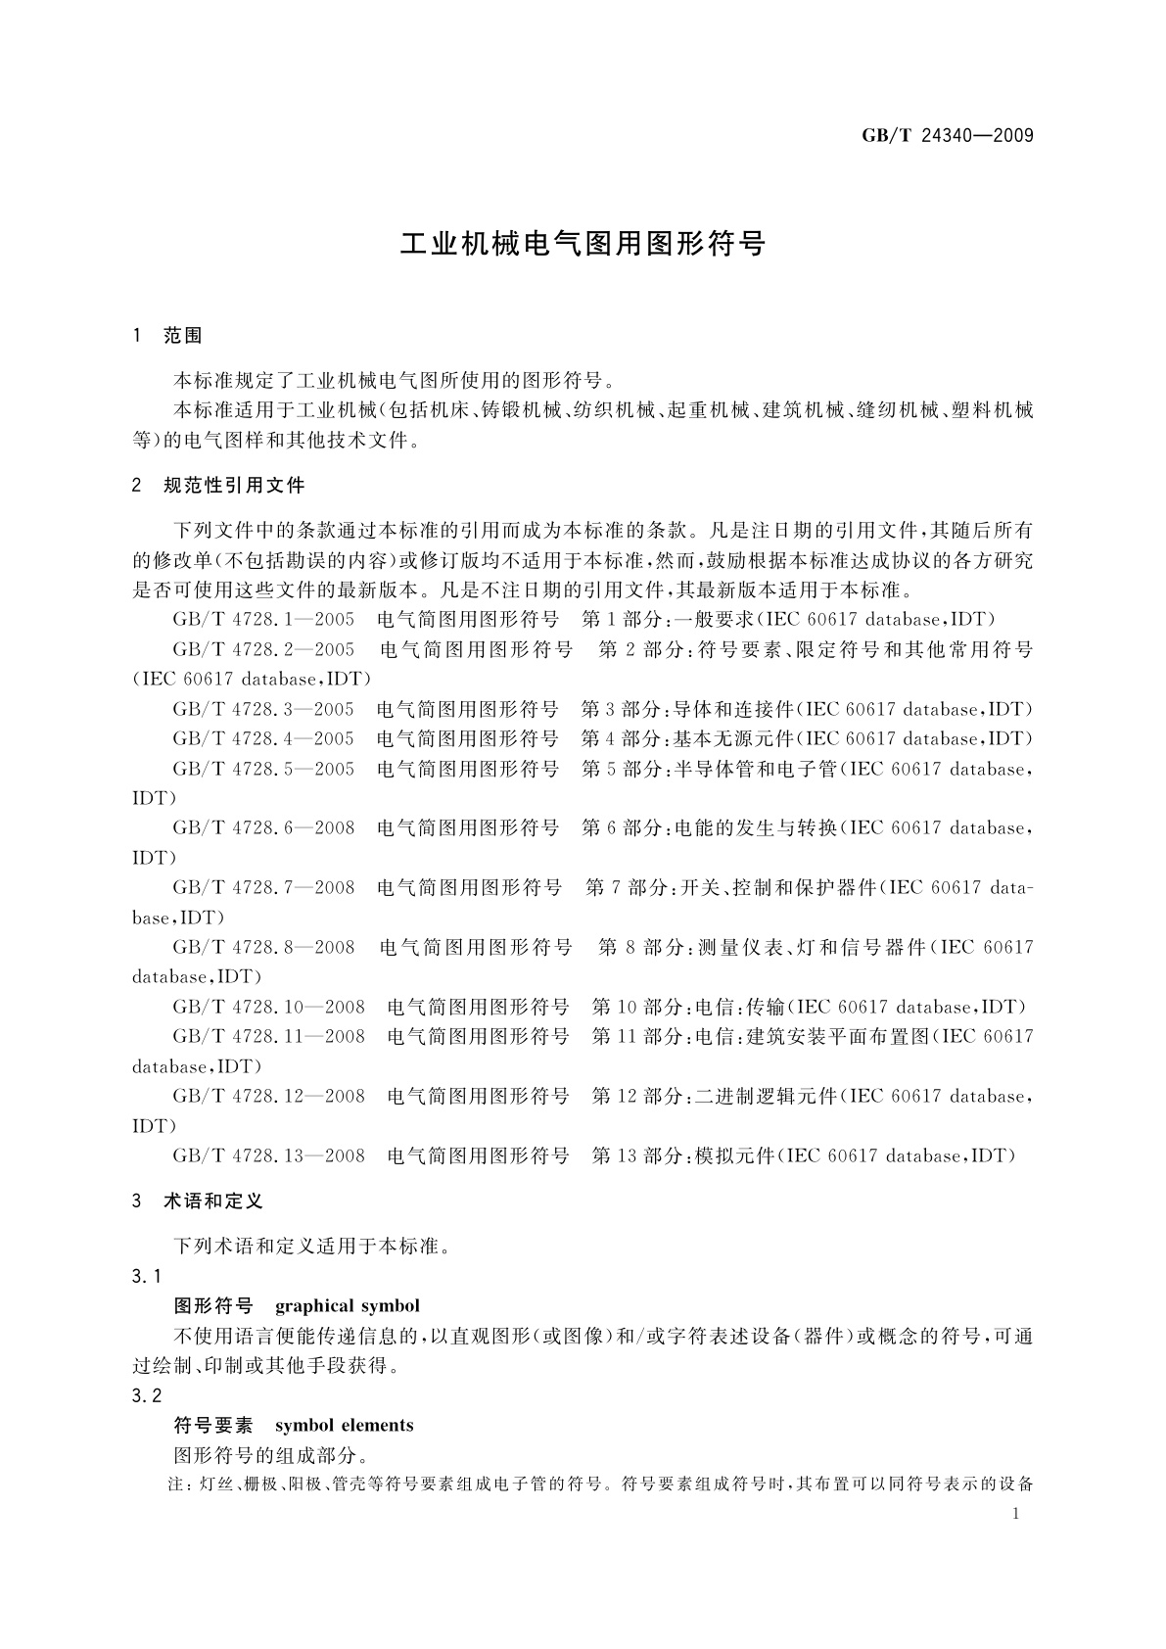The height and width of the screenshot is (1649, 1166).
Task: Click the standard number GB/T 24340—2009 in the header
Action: (947, 136)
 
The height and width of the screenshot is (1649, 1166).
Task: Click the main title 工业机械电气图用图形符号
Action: (583, 244)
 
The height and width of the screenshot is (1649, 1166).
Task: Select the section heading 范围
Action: (183, 336)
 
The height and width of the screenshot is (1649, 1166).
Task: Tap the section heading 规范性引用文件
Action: (234, 485)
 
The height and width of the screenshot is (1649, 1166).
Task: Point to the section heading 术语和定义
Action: (213, 1201)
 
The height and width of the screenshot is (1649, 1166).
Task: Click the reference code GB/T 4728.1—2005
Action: (263, 619)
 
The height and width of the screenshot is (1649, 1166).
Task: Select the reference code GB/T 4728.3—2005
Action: (263, 709)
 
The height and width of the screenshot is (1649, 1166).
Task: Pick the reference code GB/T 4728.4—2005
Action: (263, 738)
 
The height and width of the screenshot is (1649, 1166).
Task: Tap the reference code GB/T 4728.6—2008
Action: (263, 828)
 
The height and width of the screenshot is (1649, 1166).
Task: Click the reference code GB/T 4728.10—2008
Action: (269, 1007)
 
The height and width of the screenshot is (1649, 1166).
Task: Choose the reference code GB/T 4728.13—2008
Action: (269, 1155)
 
